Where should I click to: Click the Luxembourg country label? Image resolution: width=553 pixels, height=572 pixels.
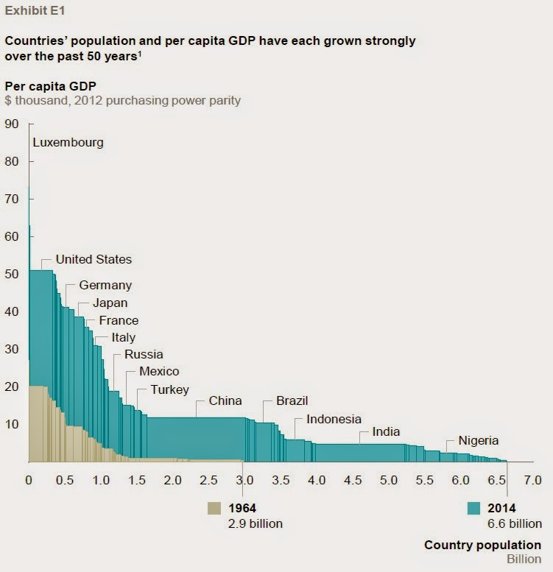[68, 143]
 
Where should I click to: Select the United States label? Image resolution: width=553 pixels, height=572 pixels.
[94, 259]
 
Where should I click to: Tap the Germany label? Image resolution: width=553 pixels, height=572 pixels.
[105, 285]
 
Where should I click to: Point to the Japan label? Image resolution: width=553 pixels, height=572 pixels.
[110, 303]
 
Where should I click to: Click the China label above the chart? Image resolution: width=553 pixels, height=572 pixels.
[225, 401]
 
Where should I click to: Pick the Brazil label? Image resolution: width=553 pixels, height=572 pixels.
[292, 401]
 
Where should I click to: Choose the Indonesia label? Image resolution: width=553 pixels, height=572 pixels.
[334, 420]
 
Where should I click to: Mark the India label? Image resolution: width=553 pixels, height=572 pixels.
[387, 432]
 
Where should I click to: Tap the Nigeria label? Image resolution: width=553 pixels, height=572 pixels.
[478, 441]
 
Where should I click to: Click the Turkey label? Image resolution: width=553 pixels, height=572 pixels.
[169, 390]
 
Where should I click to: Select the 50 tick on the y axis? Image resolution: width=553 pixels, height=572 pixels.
[12, 274]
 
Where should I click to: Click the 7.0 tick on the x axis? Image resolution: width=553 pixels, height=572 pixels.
[532, 480]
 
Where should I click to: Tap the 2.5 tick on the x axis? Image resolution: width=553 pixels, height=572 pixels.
[208, 480]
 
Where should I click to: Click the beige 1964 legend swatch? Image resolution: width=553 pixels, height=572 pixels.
[214, 508]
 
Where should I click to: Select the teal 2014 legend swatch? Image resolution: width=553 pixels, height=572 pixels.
[473, 508]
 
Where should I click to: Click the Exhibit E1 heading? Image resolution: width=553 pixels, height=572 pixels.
[34, 12]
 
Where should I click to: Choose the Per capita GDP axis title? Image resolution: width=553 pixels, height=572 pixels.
[49, 85]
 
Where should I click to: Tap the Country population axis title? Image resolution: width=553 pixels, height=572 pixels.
[482, 545]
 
